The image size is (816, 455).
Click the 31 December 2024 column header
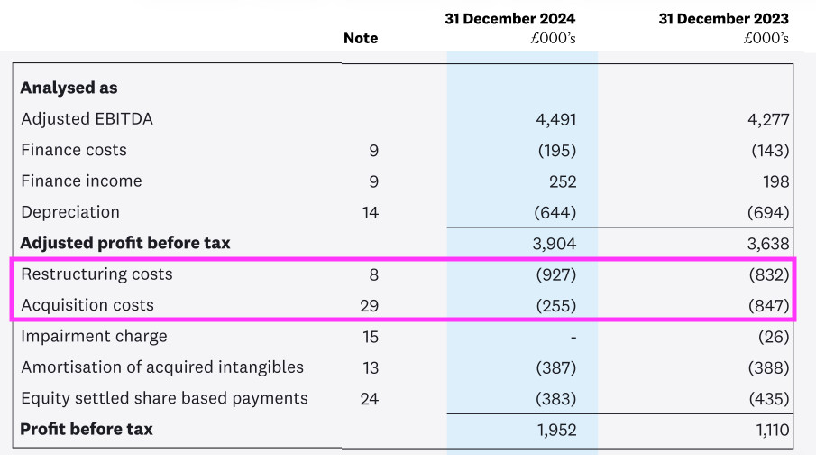(x=509, y=19)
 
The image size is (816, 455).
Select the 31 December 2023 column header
(x=723, y=19)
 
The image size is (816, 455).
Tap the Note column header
(x=361, y=38)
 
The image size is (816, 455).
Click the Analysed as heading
(x=69, y=88)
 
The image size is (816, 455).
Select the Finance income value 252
(x=562, y=181)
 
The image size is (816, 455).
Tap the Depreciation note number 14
(x=370, y=212)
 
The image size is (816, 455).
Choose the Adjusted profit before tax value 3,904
(x=555, y=244)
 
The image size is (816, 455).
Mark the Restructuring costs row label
(x=96, y=274)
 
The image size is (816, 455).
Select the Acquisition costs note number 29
(x=369, y=305)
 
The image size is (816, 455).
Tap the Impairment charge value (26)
(x=774, y=337)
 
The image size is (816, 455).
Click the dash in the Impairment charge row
(x=573, y=337)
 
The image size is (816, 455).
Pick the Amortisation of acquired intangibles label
(x=162, y=367)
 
